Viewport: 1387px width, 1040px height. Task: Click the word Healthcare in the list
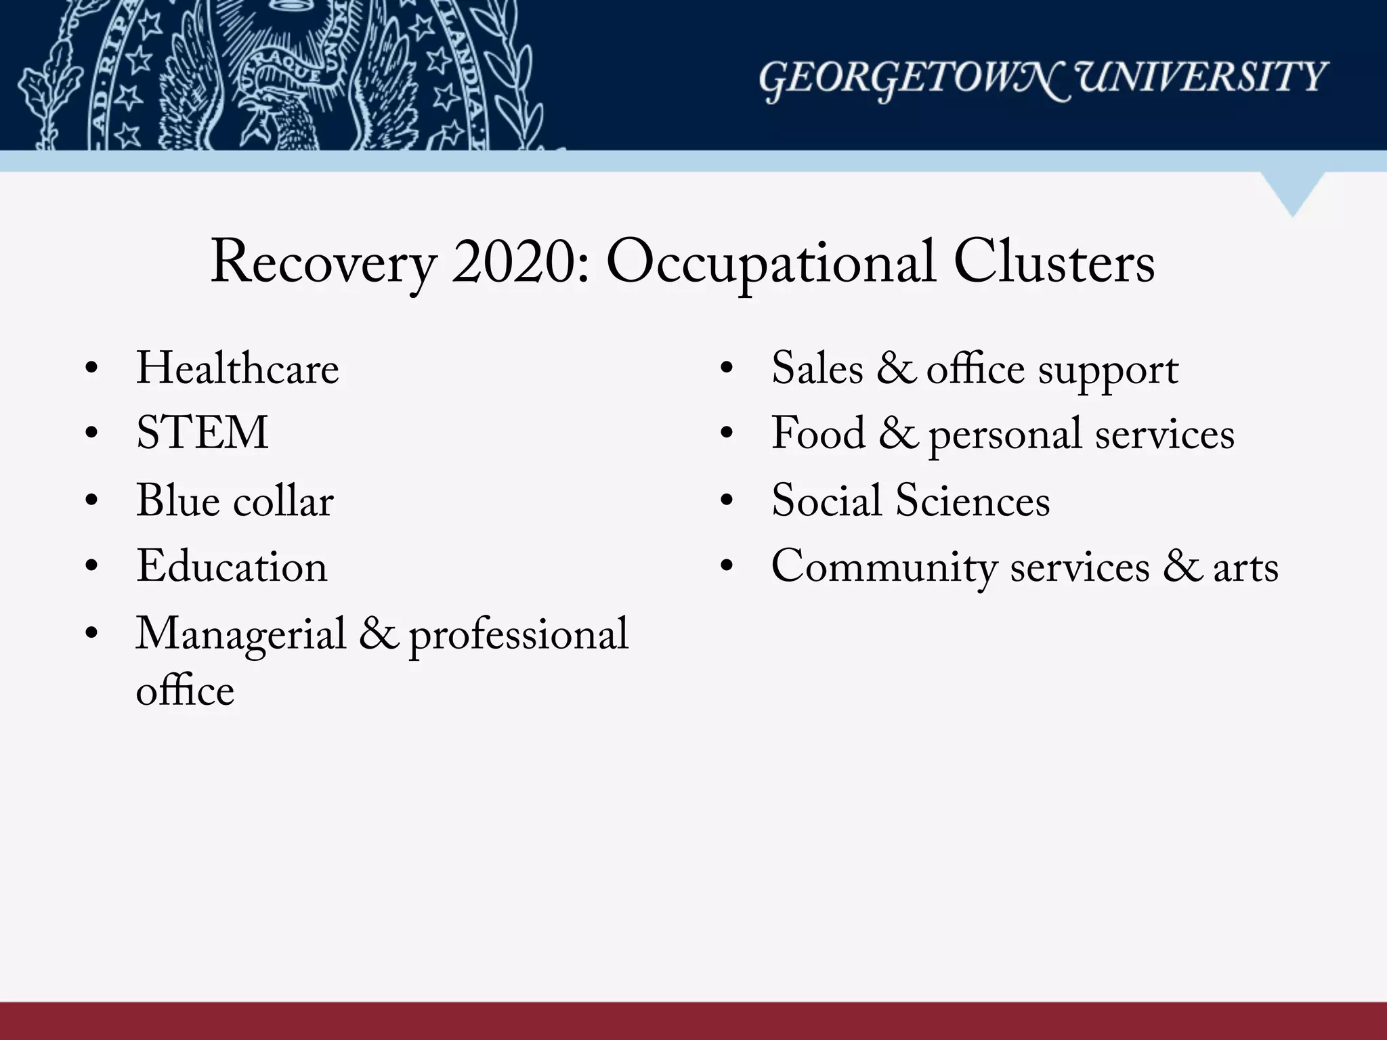click(237, 369)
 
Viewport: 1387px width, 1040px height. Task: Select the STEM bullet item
click(202, 433)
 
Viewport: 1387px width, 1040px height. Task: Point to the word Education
click(232, 567)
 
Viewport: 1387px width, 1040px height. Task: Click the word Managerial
click(241, 635)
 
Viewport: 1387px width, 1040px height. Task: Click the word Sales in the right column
click(817, 369)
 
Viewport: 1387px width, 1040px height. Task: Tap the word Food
click(818, 433)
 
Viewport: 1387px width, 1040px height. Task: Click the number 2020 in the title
click(519, 263)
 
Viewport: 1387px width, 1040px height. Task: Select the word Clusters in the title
click(1054, 263)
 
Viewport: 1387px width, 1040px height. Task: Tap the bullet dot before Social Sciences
click(727, 502)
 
